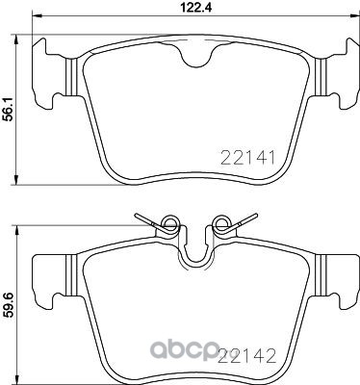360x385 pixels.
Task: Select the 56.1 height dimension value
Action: click(7, 109)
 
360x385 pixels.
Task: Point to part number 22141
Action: click(247, 158)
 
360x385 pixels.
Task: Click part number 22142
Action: click(246, 356)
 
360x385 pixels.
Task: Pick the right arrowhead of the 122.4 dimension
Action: click(354, 14)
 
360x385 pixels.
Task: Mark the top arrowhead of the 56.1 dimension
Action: click(16, 39)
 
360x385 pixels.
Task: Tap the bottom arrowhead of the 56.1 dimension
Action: click(16, 180)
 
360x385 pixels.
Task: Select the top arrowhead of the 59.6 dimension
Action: click(16, 230)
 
